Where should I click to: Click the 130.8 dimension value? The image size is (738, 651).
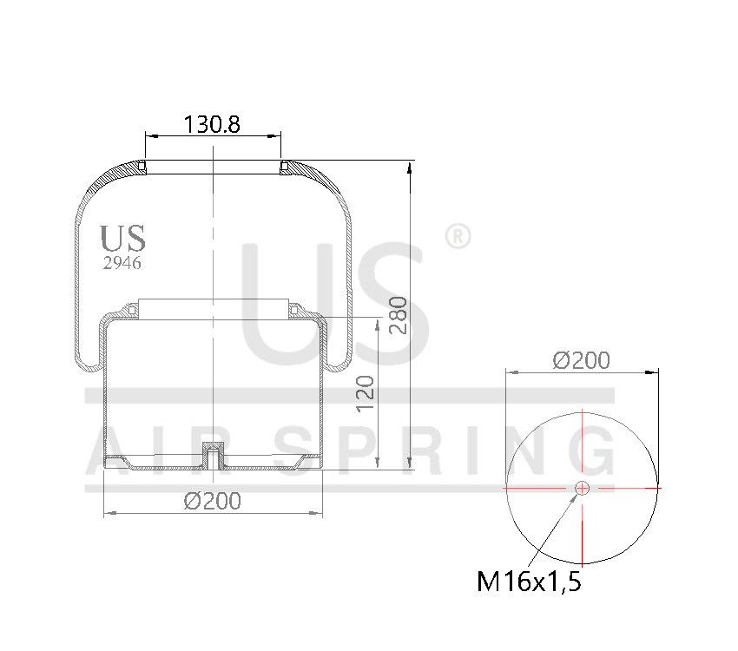tap(212, 124)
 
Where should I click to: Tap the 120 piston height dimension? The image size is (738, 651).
tap(366, 392)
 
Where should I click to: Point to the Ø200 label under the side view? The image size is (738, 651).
tap(212, 501)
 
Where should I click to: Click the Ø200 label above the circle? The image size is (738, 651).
tap(582, 359)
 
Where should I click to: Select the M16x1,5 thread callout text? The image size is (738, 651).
tap(529, 582)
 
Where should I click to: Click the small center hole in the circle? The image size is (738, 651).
tap(582, 489)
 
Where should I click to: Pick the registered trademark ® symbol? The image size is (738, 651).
tap(457, 236)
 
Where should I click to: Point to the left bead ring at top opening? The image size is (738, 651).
tap(143, 166)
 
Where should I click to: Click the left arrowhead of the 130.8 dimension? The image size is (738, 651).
tap(148, 135)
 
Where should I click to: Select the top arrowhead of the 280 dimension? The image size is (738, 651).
tap(409, 166)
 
